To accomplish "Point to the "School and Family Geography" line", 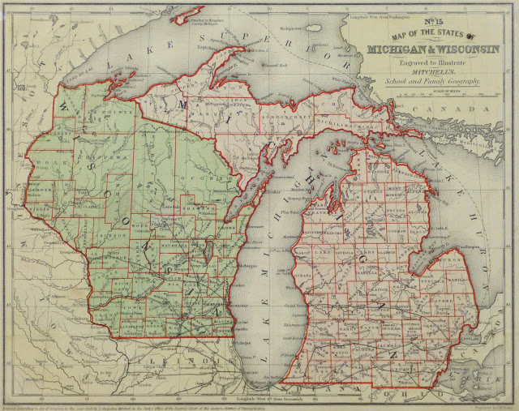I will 428,83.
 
